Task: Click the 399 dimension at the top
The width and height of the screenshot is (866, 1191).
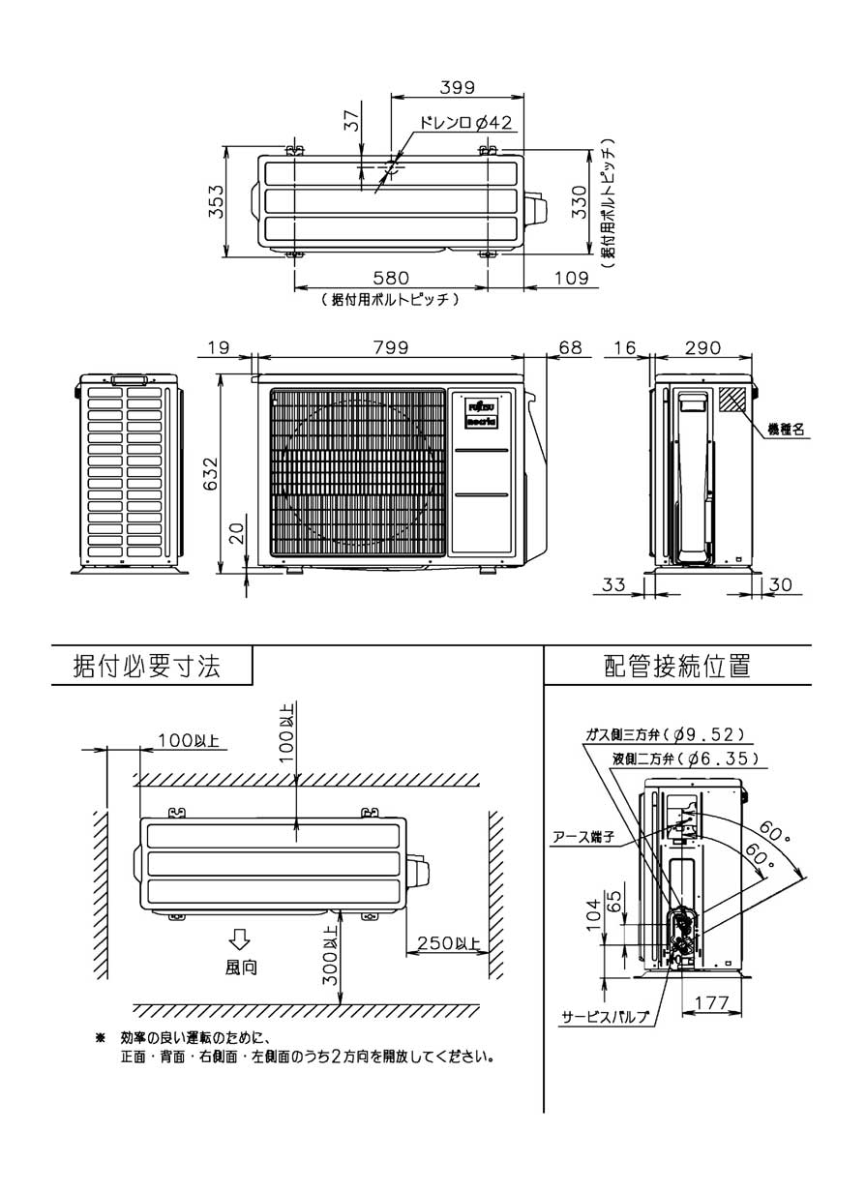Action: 456,87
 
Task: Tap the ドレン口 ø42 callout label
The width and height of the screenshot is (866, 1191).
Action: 465,123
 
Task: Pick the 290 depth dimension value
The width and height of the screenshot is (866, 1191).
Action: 702,347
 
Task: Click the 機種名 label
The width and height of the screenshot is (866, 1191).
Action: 786,429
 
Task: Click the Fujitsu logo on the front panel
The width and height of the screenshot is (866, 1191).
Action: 481,404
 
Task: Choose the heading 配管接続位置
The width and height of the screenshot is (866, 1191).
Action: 676,666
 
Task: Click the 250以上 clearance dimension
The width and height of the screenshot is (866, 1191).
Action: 448,944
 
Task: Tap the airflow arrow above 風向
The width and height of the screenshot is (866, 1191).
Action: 240,938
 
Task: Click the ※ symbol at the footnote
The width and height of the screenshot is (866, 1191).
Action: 100,1038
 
